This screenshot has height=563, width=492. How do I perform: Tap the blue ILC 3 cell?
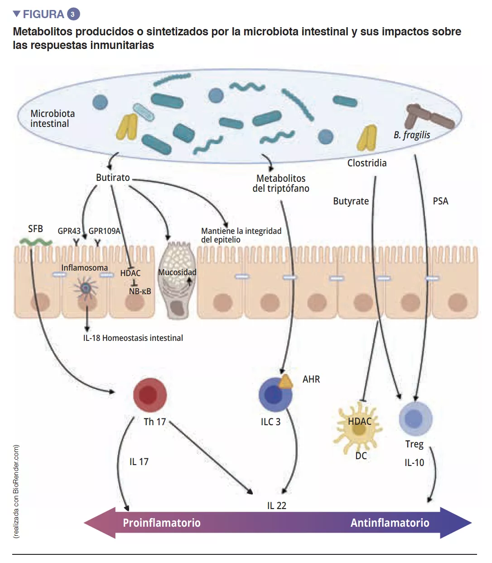[275, 394]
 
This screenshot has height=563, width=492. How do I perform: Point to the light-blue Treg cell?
[415, 418]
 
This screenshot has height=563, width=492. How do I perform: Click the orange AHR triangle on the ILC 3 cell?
[286, 382]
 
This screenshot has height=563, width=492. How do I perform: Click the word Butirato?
[113, 178]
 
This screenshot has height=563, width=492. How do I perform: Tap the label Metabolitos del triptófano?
[281, 184]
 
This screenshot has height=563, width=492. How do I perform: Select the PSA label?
[440, 201]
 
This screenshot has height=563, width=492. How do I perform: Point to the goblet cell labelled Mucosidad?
[177, 281]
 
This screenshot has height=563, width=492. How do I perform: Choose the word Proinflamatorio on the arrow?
[162, 523]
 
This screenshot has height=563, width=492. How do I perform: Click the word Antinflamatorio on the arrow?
[390, 523]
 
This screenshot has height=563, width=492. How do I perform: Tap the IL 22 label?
[276, 506]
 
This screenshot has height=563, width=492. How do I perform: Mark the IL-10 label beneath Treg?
[414, 463]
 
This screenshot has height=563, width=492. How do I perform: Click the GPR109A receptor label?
[104, 231]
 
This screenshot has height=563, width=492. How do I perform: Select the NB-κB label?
[140, 291]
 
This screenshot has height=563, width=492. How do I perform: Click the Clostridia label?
[367, 163]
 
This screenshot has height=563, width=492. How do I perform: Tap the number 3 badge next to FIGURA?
[73, 14]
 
